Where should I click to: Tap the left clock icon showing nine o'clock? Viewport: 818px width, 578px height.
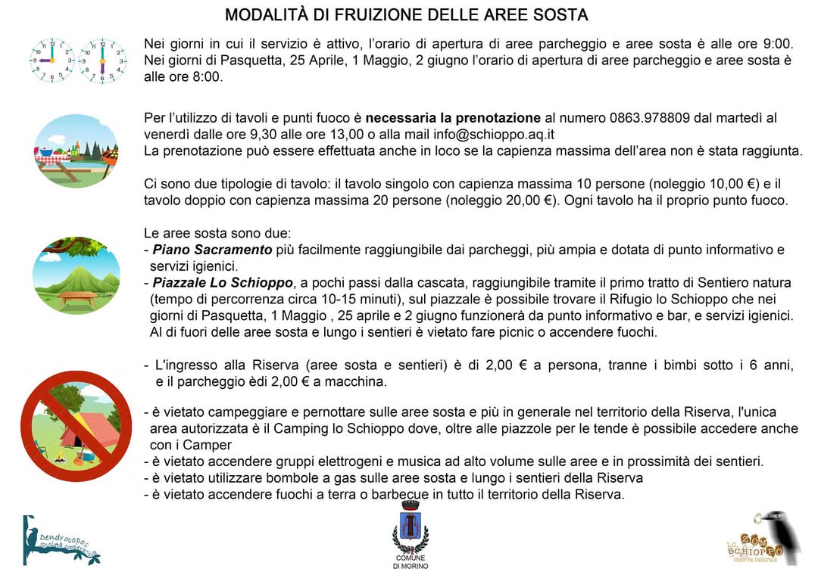click(52, 61)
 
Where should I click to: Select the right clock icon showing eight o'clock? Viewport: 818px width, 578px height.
click(101, 61)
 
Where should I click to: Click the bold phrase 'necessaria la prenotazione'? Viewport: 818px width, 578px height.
click(453, 118)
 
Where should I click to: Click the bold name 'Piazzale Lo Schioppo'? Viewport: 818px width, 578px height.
click(223, 283)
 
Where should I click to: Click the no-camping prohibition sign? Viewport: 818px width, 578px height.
click(76, 427)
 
